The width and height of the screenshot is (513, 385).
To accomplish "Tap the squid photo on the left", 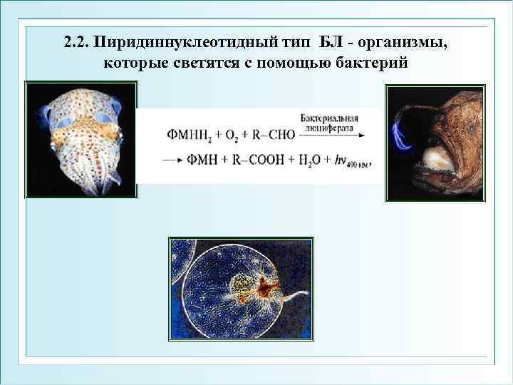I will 80,139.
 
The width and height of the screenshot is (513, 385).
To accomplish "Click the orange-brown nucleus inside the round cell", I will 269,287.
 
